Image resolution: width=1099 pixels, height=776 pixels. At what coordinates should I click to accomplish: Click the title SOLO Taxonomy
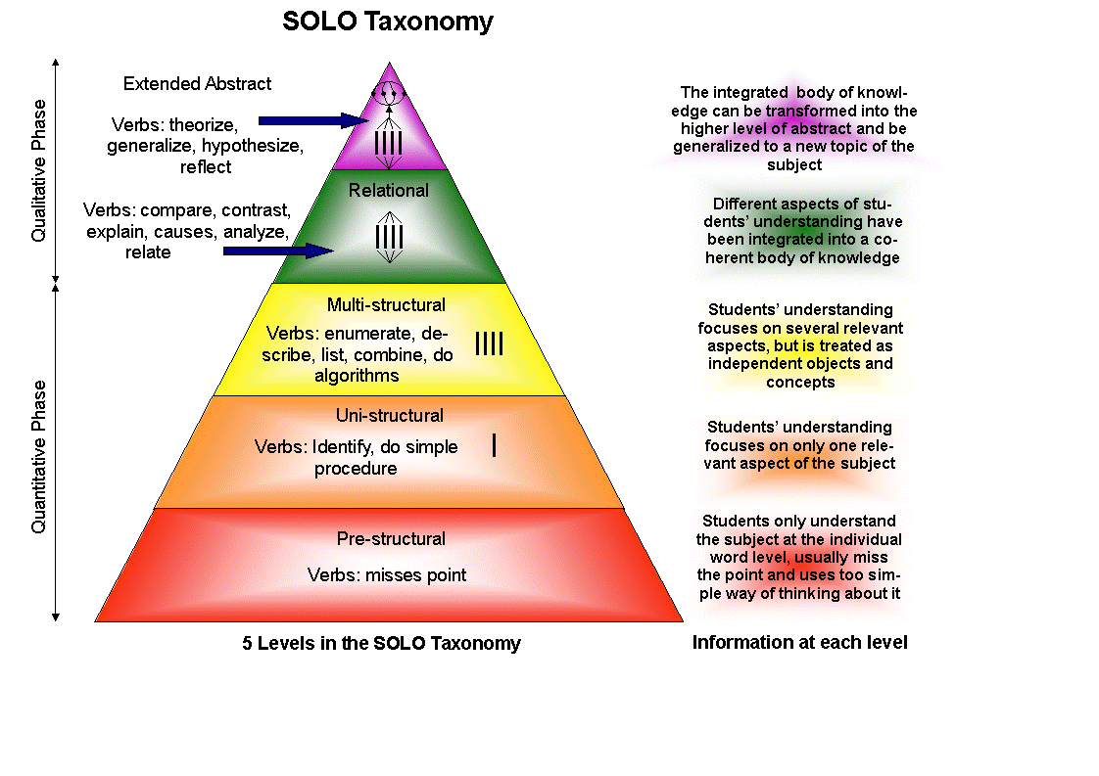tap(387, 22)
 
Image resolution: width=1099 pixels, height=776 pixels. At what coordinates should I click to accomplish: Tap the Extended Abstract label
tap(197, 84)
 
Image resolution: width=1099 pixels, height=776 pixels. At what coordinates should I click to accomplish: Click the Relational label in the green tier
tap(389, 191)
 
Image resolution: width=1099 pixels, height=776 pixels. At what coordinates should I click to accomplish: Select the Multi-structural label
tap(386, 305)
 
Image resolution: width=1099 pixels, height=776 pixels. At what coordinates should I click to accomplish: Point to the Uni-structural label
tap(389, 416)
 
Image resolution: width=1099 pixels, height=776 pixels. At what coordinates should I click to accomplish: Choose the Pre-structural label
tap(391, 539)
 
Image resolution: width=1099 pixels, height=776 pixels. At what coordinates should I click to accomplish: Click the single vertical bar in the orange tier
tap(495, 445)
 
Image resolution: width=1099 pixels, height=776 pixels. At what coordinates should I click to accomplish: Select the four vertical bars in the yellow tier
tap(489, 343)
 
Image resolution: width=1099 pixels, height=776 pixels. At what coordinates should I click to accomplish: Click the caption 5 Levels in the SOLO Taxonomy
tap(381, 644)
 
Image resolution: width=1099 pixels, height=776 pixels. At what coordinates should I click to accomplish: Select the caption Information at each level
tap(799, 643)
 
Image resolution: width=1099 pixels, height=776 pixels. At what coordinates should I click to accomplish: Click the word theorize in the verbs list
tap(204, 125)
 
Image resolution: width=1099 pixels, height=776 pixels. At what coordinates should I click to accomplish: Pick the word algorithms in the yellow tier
tap(357, 376)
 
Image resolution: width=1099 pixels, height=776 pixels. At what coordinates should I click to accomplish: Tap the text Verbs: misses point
tap(387, 575)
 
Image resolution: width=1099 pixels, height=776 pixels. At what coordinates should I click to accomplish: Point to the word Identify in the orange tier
tap(344, 447)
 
